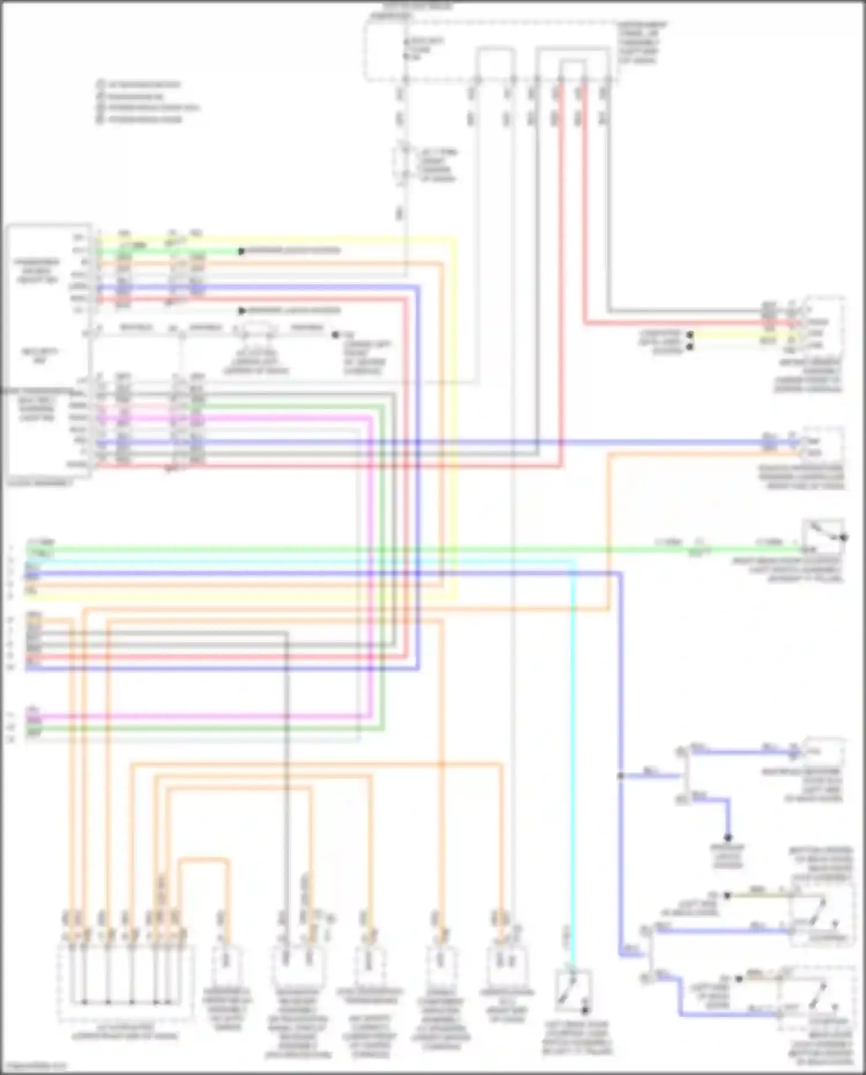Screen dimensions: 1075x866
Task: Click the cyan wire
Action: tap(573, 751)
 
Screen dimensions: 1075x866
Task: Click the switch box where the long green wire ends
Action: tap(823, 537)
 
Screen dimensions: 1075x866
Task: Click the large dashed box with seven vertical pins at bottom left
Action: tap(125, 982)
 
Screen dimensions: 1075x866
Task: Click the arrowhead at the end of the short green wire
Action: tap(241, 251)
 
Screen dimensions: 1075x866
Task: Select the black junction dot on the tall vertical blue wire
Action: tap(621, 776)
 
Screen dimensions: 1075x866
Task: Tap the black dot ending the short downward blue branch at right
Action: tap(728, 838)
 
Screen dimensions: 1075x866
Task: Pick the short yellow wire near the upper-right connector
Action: tap(727, 334)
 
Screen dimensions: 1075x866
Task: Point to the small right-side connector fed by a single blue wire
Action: tap(823, 751)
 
